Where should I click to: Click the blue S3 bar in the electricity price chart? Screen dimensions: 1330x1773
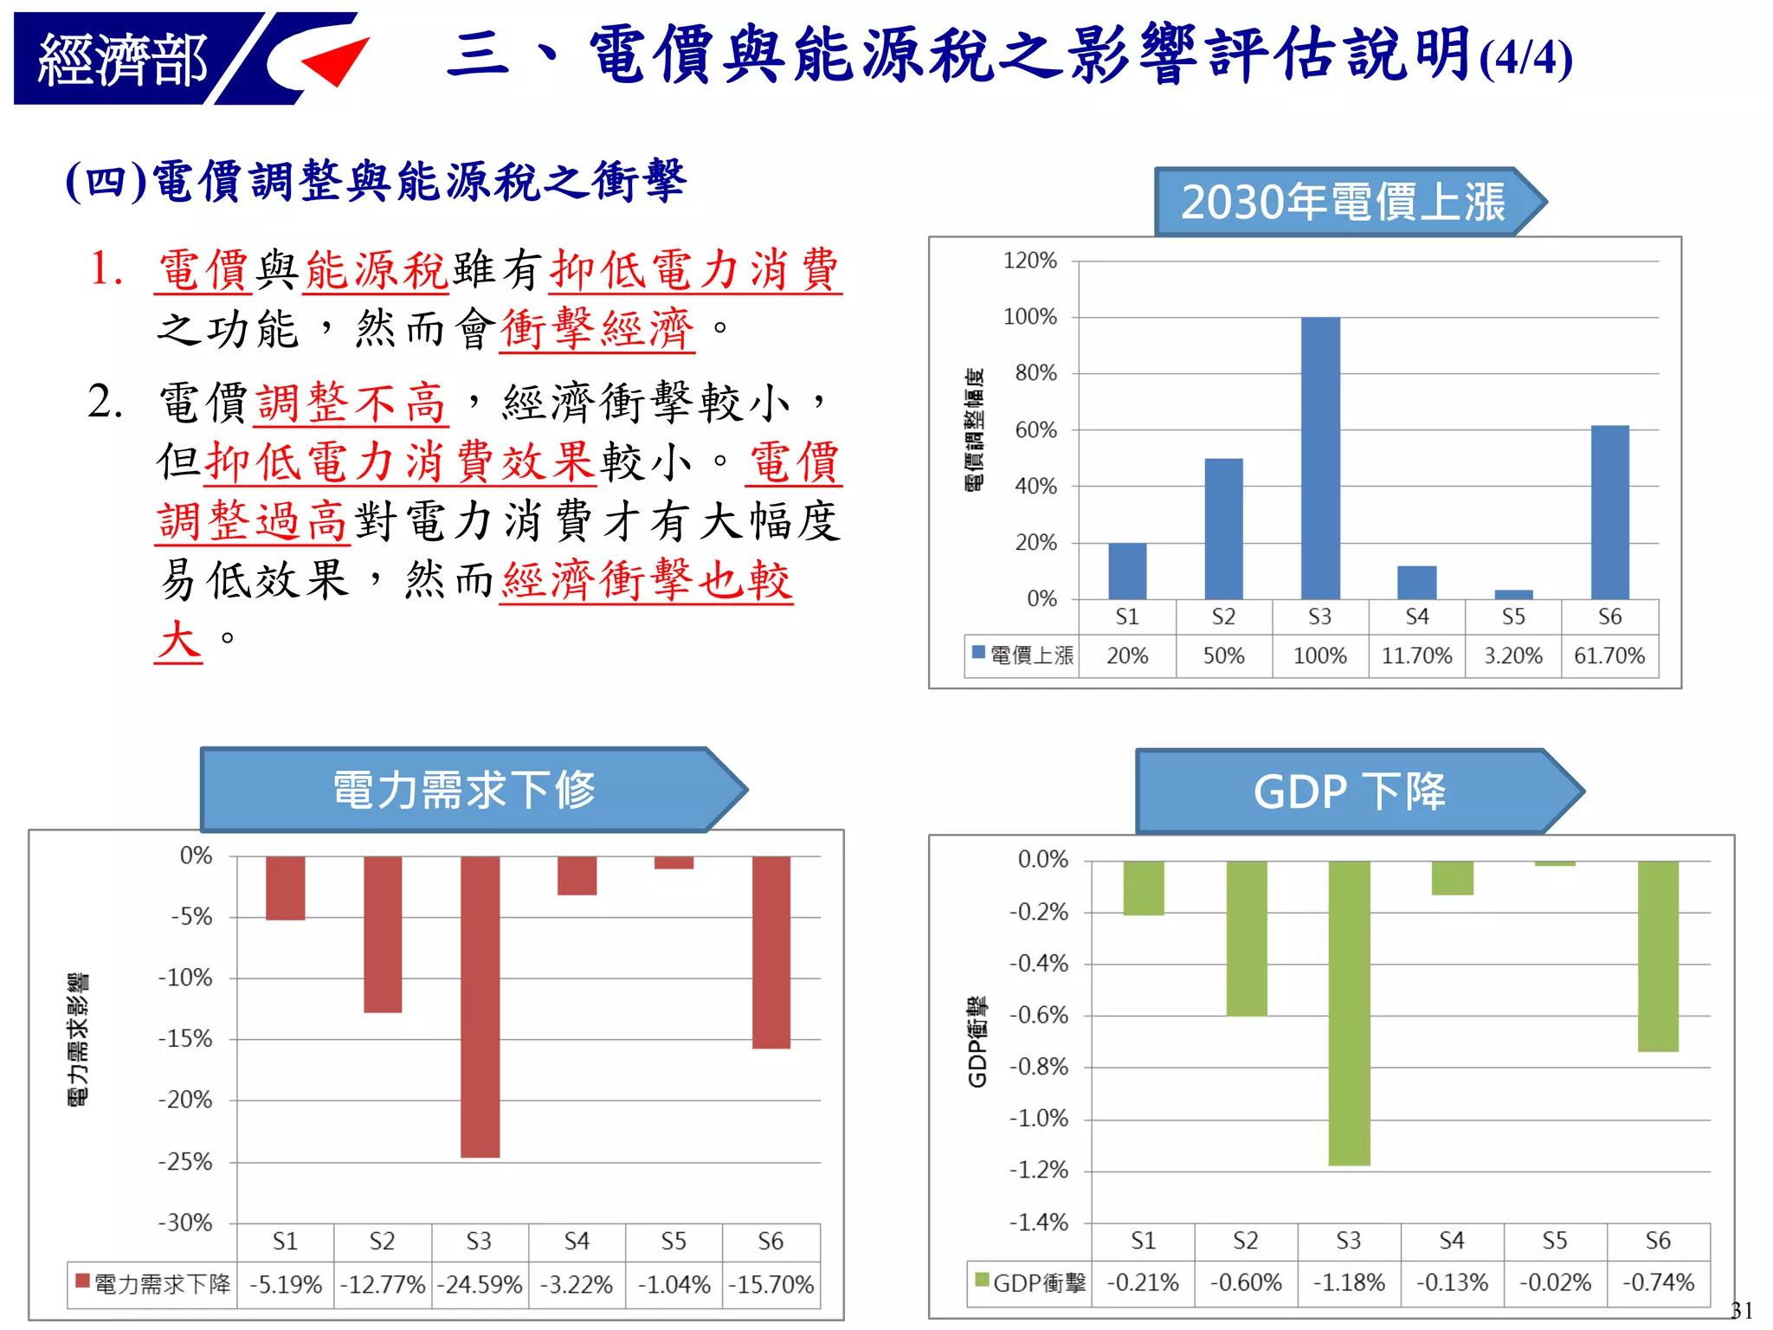(x=1320, y=458)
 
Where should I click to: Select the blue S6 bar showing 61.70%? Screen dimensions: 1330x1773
(x=1609, y=512)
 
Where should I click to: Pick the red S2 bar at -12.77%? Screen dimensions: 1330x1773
(x=383, y=934)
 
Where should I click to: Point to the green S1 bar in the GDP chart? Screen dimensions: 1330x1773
(x=1144, y=888)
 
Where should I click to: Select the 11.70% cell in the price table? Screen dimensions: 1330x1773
(x=1416, y=655)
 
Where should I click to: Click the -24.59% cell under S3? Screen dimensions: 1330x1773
(x=480, y=1284)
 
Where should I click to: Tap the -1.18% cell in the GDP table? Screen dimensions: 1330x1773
(x=1349, y=1282)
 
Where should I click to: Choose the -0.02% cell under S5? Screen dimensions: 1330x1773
(x=1555, y=1282)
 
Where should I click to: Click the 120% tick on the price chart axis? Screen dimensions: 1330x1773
(x=1029, y=261)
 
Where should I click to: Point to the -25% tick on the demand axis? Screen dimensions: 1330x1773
(x=184, y=1161)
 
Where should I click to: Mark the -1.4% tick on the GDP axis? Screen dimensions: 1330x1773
(x=1038, y=1222)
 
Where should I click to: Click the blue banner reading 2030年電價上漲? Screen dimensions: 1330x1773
(x=1343, y=202)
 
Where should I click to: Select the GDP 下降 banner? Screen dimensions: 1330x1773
(x=1350, y=791)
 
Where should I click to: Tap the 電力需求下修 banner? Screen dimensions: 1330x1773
(x=465, y=790)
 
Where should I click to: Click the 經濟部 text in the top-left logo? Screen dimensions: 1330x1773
(x=122, y=60)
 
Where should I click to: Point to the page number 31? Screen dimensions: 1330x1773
(x=1741, y=1310)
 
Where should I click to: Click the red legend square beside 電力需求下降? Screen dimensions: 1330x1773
(x=83, y=1281)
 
